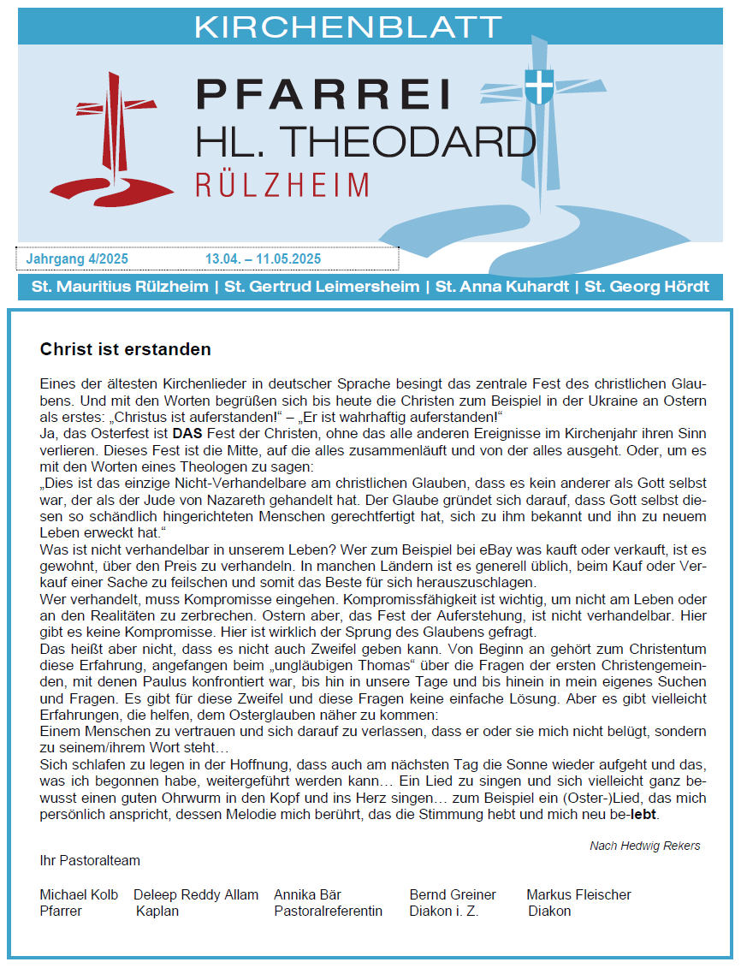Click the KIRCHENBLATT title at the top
(347, 27)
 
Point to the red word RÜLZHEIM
(282, 185)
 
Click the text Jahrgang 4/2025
(78, 258)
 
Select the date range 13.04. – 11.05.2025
(263, 258)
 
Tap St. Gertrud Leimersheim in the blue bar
(322, 287)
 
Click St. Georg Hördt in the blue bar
(647, 287)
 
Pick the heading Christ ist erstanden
(125, 350)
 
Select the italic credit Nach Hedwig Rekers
(644, 846)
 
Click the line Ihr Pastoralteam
(90, 860)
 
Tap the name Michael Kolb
(79, 894)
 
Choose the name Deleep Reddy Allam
(196, 894)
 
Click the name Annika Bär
(307, 894)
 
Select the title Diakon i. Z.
(443, 911)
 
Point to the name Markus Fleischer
(578, 894)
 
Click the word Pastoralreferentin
(328, 911)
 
